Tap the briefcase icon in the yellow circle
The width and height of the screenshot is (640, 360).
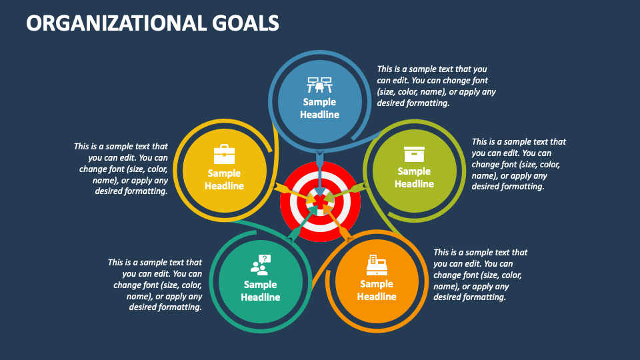(224, 155)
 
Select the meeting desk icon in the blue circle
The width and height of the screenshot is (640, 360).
(319, 85)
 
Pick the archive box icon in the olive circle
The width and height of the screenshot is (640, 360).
(414, 154)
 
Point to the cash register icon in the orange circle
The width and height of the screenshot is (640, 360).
(377, 265)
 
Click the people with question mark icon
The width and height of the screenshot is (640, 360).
(260, 265)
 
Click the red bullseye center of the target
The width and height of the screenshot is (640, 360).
(320, 200)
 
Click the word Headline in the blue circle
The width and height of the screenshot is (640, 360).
(319, 115)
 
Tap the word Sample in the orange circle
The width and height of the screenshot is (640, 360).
(377, 284)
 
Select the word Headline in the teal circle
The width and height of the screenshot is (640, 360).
(260, 297)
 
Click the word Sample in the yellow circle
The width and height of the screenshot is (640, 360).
(224, 173)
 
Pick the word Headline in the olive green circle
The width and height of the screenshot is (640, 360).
(414, 184)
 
